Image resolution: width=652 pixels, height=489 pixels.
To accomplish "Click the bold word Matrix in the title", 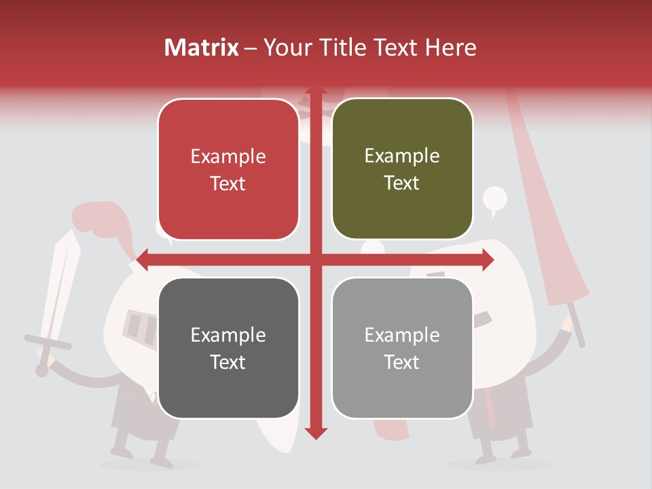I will (x=202, y=48).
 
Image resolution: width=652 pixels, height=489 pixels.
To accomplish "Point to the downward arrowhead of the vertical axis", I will (x=316, y=432).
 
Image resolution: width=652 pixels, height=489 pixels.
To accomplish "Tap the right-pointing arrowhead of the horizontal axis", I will (x=488, y=259).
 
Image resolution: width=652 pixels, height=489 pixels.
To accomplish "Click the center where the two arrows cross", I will (x=316, y=259).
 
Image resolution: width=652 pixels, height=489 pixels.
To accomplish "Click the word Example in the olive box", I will (x=402, y=156).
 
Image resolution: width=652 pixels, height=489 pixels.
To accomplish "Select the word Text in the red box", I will (x=228, y=184).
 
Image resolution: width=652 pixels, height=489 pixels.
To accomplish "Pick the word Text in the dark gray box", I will (x=228, y=363).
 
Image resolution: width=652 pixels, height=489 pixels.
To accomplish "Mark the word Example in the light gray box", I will (x=402, y=335).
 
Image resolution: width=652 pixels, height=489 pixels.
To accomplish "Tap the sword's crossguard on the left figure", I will (x=48, y=342).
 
